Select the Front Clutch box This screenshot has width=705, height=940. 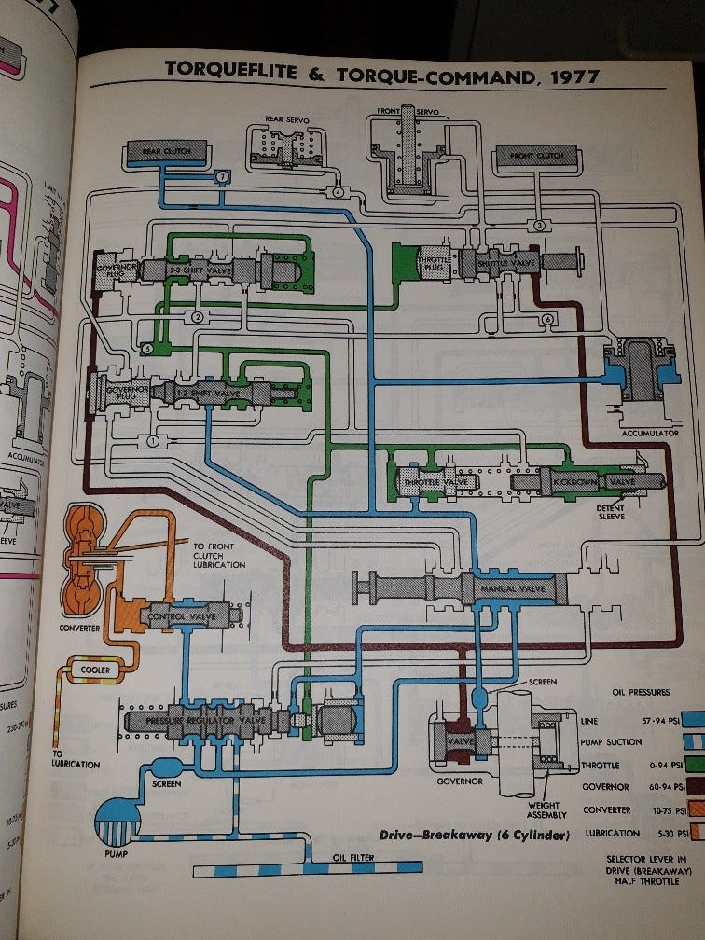point(538,157)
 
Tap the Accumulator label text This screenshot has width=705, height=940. point(644,433)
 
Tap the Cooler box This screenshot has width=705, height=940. point(95,670)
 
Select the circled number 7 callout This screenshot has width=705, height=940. point(222,177)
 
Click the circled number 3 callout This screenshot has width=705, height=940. point(539,225)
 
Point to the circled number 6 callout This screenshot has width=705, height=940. point(547,320)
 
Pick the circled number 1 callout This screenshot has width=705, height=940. point(152,439)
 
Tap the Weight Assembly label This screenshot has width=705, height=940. point(543,811)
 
